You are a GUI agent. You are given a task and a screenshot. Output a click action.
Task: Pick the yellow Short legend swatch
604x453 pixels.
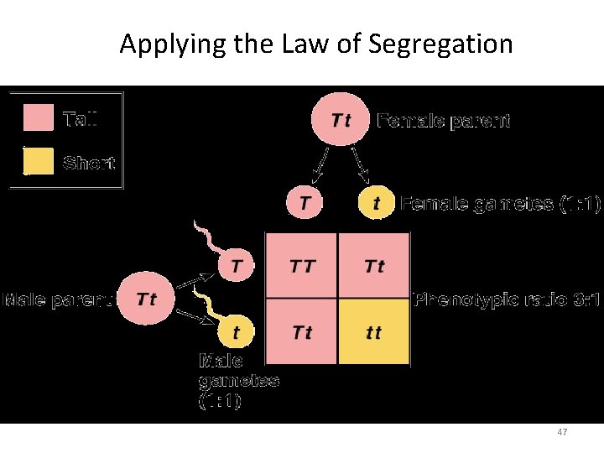[x=37, y=162]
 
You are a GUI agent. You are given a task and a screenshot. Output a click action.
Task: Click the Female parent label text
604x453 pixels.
[x=443, y=121]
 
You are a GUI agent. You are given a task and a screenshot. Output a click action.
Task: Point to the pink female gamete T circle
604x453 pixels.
[x=304, y=202]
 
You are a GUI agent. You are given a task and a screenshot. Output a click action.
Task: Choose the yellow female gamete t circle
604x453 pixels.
[x=377, y=203]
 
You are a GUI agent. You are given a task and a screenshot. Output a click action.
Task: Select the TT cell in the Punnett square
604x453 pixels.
[x=302, y=266]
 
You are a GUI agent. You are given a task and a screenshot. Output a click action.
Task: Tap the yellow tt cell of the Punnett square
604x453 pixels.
[x=374, y=332]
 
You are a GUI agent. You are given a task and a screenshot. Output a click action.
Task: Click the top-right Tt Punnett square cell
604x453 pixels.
[x=374, y=266]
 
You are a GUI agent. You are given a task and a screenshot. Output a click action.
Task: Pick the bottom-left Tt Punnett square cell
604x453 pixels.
[x=302, y=332]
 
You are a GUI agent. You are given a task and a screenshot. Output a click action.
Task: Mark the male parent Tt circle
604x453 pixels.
[x=145, y=299]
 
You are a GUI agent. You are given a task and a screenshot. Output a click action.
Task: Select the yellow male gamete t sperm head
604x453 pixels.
[x=236, y=332]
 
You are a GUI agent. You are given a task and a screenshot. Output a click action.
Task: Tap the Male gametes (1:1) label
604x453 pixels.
[x=237, y=382]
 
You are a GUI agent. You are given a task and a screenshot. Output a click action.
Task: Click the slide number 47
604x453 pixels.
[x=563, y=432]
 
